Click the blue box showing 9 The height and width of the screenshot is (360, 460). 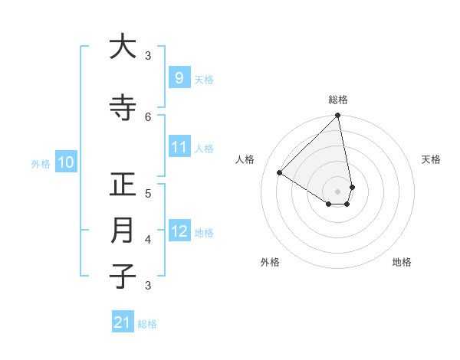[x=179, y=77]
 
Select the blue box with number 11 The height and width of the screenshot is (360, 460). [x=179, y=147]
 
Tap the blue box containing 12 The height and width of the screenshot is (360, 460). [x=179, y=231]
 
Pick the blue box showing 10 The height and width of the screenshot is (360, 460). [x=66, y=162]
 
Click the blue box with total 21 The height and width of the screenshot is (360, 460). [x=123, y=322]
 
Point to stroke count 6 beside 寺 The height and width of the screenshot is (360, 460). [x=148, y=116]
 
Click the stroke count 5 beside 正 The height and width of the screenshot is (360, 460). [x=148, y=193]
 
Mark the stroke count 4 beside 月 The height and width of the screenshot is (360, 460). [x=148, y=239]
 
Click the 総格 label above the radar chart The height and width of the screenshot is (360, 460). [x=338, y=100]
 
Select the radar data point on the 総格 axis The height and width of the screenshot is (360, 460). [x=338, y=116]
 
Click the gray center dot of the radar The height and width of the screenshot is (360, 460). [x=338, y=191]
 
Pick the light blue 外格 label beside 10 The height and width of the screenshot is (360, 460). [x=41, y=163]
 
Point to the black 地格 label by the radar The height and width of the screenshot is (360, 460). [x=402, y=262]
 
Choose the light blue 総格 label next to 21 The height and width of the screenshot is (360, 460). [x=147, y=324]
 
